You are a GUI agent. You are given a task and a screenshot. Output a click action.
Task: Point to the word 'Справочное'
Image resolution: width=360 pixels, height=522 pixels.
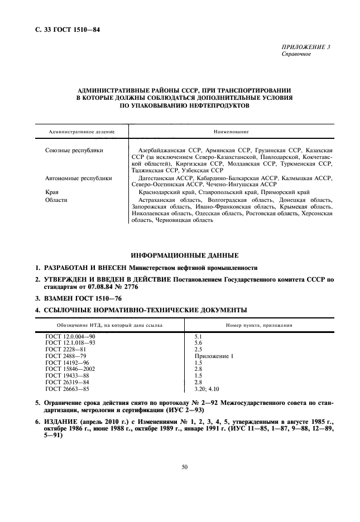[x=297, y=54]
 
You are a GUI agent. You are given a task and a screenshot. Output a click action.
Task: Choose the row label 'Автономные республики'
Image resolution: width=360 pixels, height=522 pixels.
[x=78, y=178]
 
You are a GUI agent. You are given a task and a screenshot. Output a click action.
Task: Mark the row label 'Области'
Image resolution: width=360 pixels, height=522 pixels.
[x=56, y=199]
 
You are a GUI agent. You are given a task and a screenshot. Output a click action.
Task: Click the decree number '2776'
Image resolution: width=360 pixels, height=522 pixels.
[x=127, y=287]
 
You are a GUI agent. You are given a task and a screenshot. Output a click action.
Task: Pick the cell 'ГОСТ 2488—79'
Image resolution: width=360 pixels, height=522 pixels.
[x=65, y=355]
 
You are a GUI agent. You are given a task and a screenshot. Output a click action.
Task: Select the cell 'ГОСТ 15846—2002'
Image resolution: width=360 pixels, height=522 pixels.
[x=70, y=369]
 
